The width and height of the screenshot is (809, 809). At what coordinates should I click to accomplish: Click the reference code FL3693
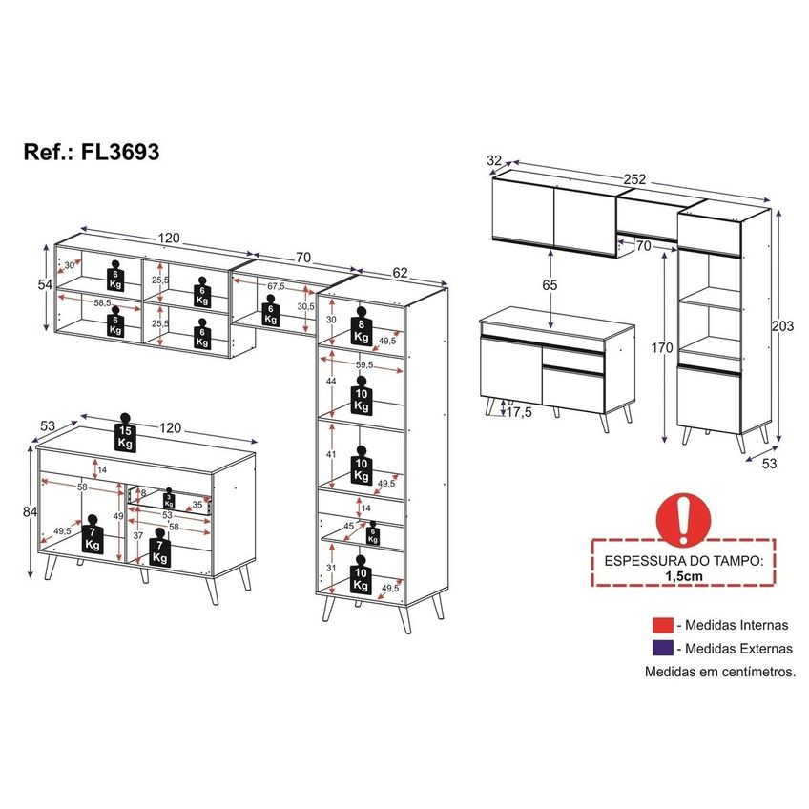pos(119,153)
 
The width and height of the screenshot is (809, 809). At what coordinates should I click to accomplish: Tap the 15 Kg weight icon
pos(125,433)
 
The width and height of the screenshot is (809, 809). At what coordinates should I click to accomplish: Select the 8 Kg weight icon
pos(362,326)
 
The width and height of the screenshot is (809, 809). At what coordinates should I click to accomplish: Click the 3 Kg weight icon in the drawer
pos(169,498)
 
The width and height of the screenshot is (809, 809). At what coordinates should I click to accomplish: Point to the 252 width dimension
pos(634,179)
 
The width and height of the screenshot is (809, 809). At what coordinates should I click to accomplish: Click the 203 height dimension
pos(782,325)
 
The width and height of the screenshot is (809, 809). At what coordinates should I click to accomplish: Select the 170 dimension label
pos(661,348)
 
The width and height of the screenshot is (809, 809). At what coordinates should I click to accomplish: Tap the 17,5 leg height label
pos(519,412)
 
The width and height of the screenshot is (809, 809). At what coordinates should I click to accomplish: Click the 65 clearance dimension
pos(550,285)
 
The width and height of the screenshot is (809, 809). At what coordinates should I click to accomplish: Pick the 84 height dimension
pos(30,511)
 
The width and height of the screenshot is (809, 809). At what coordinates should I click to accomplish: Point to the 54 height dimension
pos(46,284)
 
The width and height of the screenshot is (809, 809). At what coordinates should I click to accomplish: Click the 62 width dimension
pos(400,273)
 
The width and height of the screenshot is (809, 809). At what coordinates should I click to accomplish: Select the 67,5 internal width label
pos(276,286)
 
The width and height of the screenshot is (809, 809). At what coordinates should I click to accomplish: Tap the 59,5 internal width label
pos(363,364)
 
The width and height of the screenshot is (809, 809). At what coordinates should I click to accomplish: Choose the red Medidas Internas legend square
pos(662,625)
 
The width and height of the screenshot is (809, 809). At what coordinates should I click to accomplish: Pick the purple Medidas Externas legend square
pos(662,648)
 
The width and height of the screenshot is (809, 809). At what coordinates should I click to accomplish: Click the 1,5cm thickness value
pos(684,576)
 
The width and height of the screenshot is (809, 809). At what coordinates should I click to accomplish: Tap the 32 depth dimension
pos(494,160)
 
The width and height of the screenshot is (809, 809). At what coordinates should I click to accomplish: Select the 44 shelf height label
pos(331,381)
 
